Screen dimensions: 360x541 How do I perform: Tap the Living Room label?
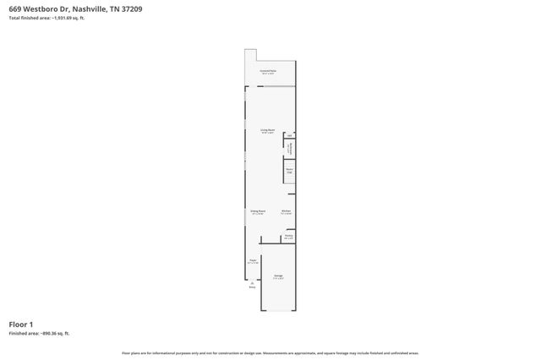[x=268, y=130]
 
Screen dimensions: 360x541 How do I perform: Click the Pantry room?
[x=288, y=237]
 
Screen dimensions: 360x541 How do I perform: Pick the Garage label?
[x=278, y=276]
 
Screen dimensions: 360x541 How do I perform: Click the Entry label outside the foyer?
[x=251, y=286]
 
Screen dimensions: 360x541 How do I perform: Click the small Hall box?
[x=289, y=135]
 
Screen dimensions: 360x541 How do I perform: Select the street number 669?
[x=14, y=8]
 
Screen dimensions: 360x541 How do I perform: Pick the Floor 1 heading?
[x=21, y=325]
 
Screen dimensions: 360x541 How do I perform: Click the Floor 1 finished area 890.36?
[x=52, y=334]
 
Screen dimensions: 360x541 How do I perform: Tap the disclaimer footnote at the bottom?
[x=270, y=352]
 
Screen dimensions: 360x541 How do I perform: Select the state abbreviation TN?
[x=112, y=8]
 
